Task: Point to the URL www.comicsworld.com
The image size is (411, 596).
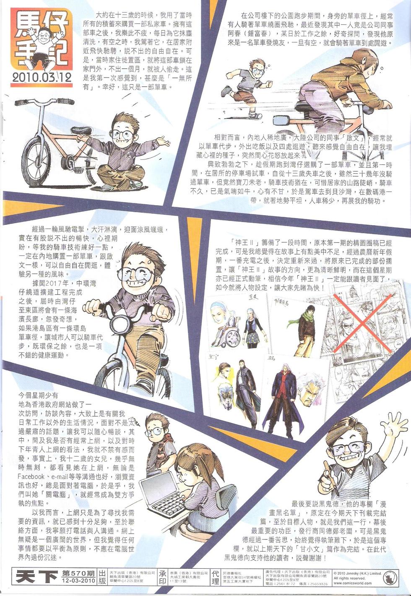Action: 353,583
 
